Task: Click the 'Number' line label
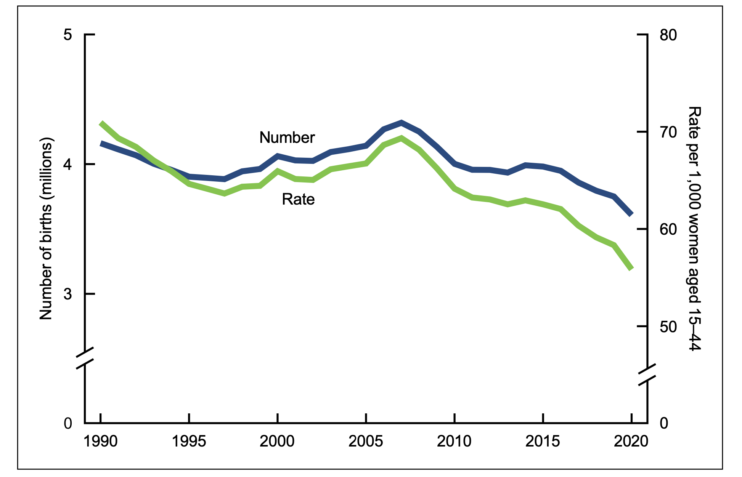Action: (287, 138)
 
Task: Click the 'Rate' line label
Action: (298, 199)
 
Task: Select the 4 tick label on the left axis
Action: (67, 164)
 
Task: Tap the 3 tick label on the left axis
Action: (67, 294)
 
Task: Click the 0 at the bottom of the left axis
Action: (67, 423)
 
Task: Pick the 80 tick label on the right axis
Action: (668, 35)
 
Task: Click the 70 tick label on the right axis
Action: (668, 132)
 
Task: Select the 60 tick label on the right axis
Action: (668, 229)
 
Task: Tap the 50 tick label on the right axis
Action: (668, 327)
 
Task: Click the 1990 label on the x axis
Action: (101, 441)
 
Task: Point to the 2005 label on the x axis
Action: (366, 441)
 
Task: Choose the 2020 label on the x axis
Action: (631, 441)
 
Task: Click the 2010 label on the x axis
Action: (454, 441)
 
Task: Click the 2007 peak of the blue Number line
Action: (402, 122)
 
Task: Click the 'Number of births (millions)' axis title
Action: (46, 229)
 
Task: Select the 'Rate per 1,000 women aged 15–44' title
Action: (694, 229)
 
